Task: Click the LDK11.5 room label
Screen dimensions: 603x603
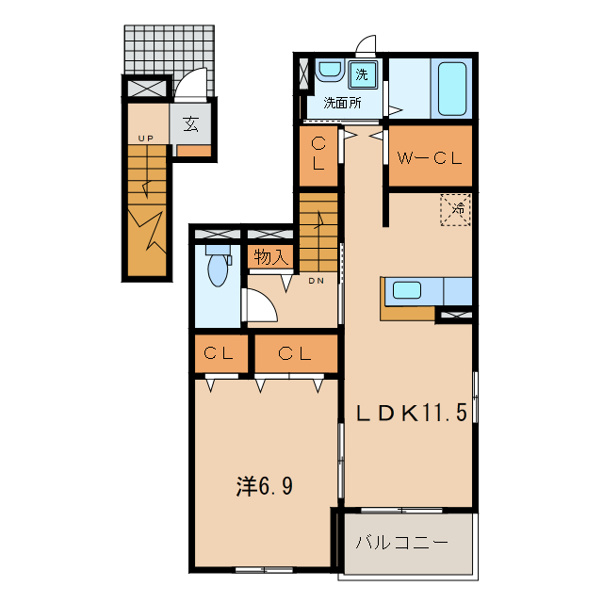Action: [411, 413]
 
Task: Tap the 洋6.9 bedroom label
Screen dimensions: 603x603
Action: [264, 486]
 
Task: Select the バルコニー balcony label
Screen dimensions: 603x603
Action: [400, 544]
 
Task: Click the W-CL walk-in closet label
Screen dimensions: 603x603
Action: [429, 158]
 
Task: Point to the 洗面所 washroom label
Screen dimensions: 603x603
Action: [342, 103]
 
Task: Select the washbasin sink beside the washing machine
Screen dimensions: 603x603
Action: [330, 72]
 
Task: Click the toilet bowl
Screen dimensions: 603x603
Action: [219, 268]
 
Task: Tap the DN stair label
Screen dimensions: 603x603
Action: [317, 280]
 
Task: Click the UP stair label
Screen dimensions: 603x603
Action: [145, 139]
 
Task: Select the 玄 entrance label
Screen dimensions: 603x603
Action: [190, 122]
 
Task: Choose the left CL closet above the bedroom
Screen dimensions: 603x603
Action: [220, 354]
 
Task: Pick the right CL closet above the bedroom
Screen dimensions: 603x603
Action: [295, 354]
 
